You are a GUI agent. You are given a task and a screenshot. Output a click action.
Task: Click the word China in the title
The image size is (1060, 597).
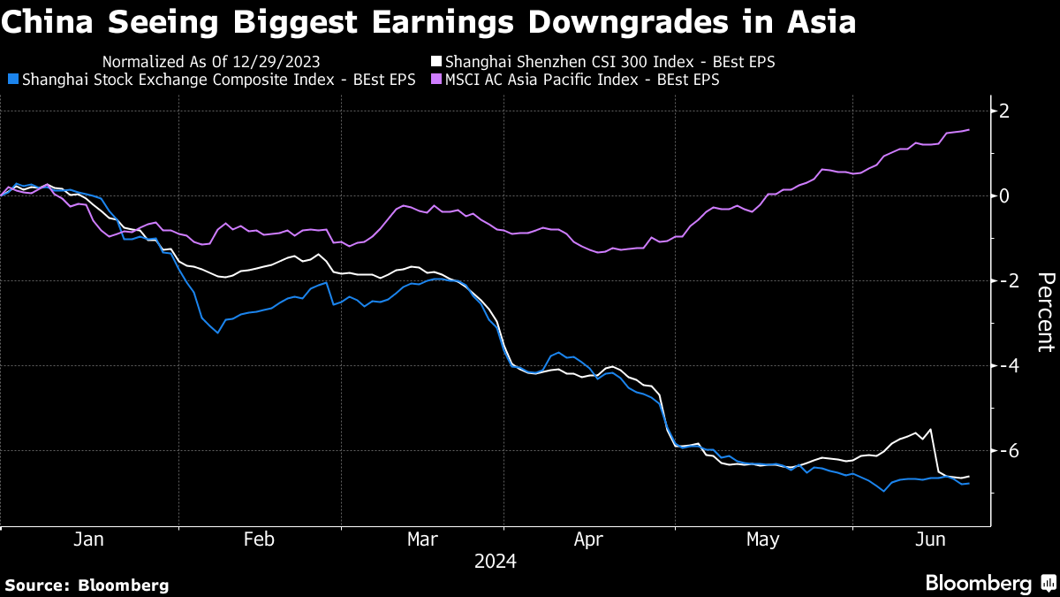click(45, 22)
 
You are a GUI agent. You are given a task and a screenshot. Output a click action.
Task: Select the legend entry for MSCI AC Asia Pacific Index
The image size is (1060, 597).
click(581, 80)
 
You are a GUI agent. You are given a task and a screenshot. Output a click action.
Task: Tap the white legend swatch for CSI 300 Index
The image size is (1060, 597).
click(435, 62)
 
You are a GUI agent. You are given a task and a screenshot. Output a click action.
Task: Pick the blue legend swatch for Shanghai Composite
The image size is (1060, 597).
click(11, 80)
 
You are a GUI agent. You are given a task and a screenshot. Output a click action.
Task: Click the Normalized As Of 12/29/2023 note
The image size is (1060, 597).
click(211, 62)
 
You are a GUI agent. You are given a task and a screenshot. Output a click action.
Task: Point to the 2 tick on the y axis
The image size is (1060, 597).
click(1004, 111)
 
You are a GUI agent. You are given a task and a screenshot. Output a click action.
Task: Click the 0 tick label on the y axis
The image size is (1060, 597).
click(1004, 195)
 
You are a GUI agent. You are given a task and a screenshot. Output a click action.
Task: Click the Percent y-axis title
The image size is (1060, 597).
click(1045, 312)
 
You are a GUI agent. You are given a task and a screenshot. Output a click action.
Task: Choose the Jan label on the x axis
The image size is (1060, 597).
click(89, 540)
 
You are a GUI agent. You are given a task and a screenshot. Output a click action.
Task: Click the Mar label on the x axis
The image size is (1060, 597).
click(423, 540)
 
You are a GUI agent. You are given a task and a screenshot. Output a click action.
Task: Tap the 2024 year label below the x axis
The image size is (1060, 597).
click(496, 561)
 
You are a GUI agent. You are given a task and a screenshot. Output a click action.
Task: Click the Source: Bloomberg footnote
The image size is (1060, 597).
click(87, 585)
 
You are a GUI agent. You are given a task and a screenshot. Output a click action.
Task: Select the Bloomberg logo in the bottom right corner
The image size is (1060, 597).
click(989, 583)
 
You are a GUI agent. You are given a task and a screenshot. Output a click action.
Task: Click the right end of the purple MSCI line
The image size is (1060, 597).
click(969, 130)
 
